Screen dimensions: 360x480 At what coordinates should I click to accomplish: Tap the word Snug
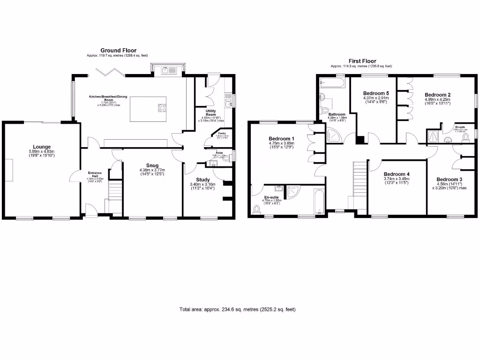click(x=151, y=165)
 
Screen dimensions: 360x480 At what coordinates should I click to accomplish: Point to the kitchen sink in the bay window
click(x=168, y=70)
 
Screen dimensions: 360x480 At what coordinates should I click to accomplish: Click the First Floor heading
click(x=362, y=61)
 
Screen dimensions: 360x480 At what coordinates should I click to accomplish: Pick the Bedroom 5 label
click(x=376, y=93)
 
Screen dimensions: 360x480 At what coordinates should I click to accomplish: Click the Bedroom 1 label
click(x=281, y=139)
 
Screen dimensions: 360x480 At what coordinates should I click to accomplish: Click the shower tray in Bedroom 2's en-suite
click(x=432, y=136)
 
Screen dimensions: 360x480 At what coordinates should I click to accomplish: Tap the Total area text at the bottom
click(x=237, y=309)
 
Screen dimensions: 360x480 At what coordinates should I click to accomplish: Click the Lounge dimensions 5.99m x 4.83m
click(x=41, y=151)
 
